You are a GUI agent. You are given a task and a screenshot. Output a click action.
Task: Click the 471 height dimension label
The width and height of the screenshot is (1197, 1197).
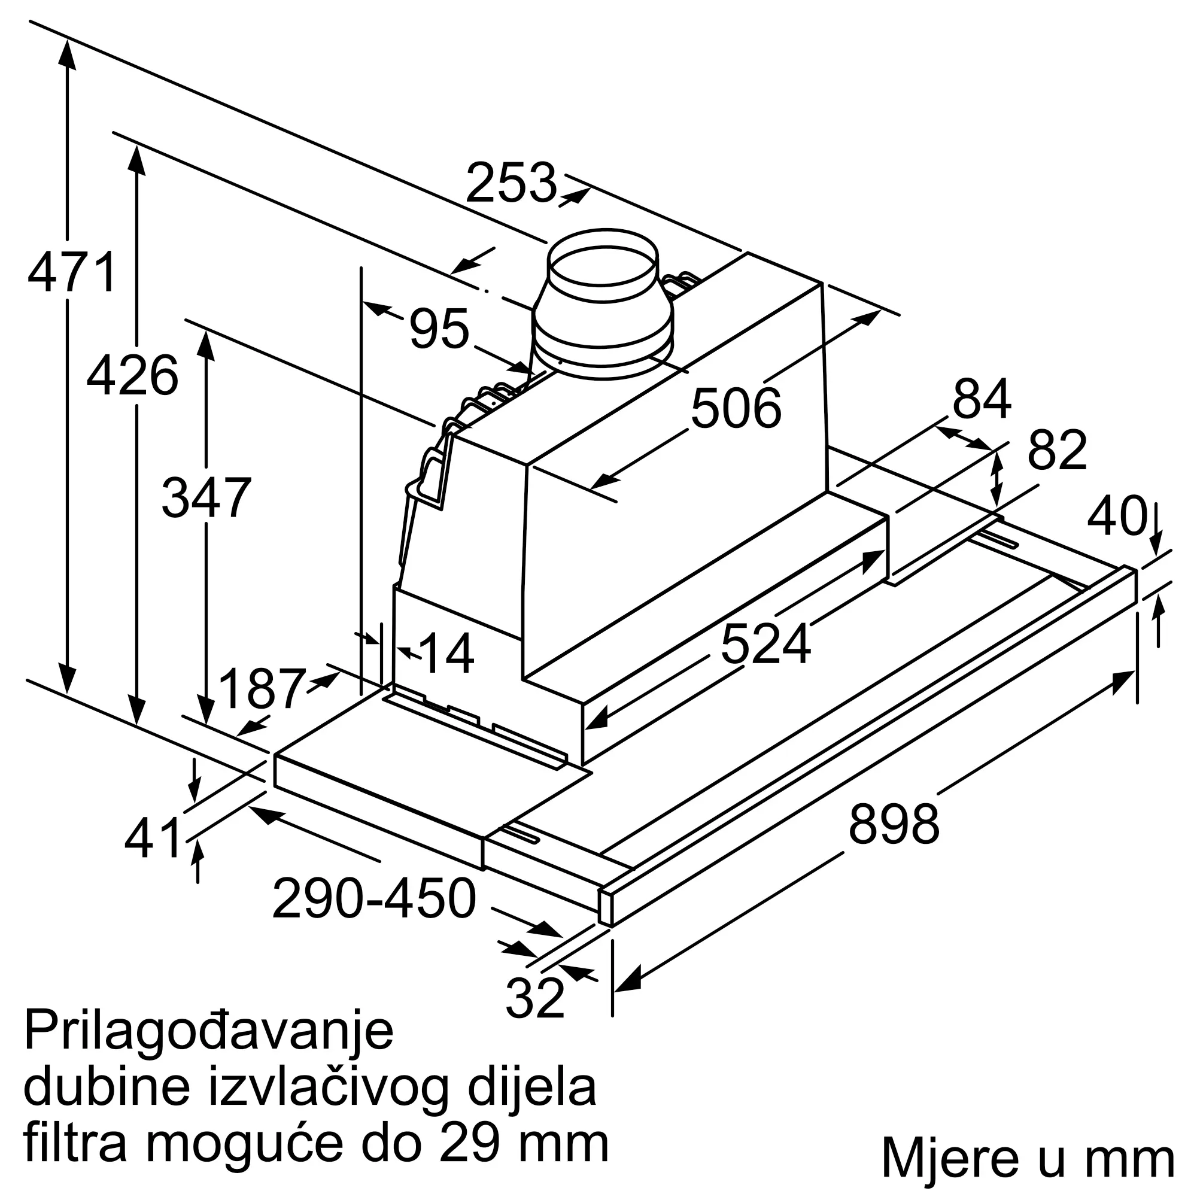click(72, 272)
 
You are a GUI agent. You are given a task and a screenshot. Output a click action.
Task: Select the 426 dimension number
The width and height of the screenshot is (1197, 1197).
click(133, 376)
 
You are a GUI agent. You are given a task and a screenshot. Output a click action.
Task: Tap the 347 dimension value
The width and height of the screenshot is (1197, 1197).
click(206, 499)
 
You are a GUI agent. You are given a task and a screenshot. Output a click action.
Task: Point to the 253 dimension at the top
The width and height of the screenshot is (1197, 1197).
click(511, 183)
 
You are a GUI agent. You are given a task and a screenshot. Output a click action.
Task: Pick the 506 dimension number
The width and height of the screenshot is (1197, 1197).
click(736, 408)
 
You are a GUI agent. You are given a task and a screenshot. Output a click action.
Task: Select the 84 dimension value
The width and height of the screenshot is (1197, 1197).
click(982, 400)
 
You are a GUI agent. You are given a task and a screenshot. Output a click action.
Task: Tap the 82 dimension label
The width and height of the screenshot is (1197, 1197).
click(1057, 451)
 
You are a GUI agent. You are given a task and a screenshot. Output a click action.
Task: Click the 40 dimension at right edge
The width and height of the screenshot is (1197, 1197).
click(1116, 515)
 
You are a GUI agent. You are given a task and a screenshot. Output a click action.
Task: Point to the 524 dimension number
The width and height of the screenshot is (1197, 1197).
click(765, 645)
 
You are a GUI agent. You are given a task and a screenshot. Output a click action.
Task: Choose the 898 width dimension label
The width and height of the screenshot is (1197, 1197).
click(894, 824)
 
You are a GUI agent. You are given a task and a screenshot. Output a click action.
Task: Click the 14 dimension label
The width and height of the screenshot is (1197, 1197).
click(446, 654)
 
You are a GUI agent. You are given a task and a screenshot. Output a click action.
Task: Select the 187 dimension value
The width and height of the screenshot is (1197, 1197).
click(263, 689)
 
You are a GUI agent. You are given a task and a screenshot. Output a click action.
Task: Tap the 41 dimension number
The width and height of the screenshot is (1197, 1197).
click(153, 838)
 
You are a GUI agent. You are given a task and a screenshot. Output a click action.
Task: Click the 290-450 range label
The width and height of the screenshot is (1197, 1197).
click(374, 898)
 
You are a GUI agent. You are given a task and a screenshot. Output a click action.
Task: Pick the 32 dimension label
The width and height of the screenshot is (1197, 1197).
click(534, 997)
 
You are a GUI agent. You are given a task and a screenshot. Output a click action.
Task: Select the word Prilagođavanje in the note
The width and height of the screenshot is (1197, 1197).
click(208, 1031)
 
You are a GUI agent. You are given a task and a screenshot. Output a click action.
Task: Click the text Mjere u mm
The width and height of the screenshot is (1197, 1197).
click(1028, 1156)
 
